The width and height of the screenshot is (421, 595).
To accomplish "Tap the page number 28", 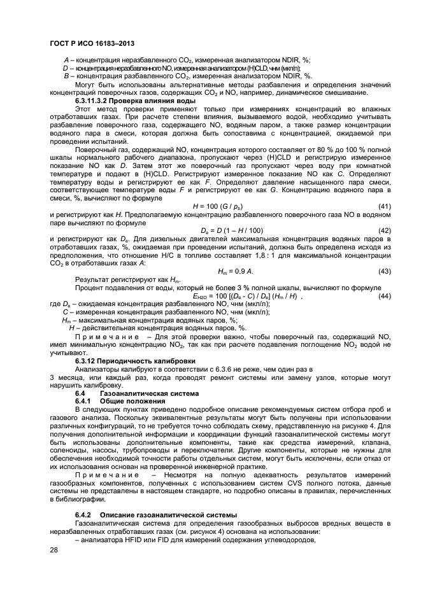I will (53, 549).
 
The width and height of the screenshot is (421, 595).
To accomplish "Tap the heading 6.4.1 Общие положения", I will (111, 402).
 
